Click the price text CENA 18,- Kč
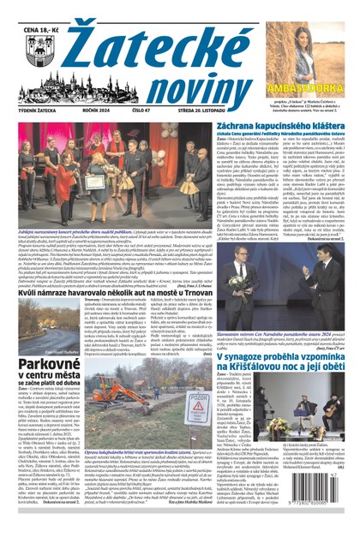pos(27,9)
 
